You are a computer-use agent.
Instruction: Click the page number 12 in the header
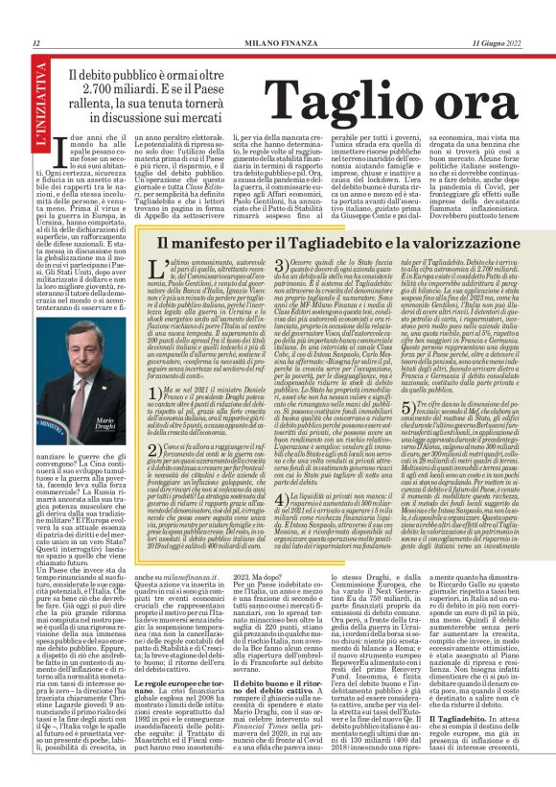pyautogui.click(x=36, y=43)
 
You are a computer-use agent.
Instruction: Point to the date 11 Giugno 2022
pyautogui.click(x=498, y=43)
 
